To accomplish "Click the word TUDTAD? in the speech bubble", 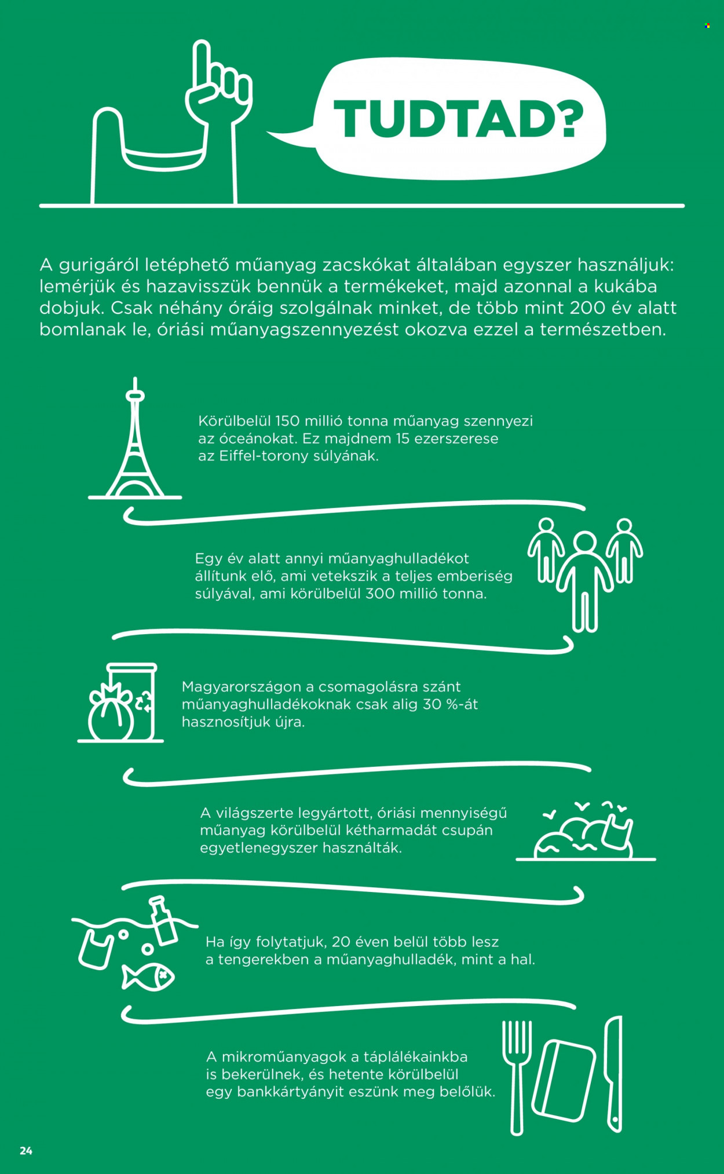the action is click(x=458, y=119).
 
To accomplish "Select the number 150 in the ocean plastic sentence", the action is click(x=287, y=421).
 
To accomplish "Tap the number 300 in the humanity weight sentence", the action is click(x=379, y=594).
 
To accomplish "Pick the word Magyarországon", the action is click(x=242, y=687).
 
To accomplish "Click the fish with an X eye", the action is click(x=148, y=978).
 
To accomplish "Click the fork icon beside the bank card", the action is click(x=517, y=1077).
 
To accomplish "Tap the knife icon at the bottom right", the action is click(x=614, y=1074).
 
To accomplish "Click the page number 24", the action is click(x=26, y=1151).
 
